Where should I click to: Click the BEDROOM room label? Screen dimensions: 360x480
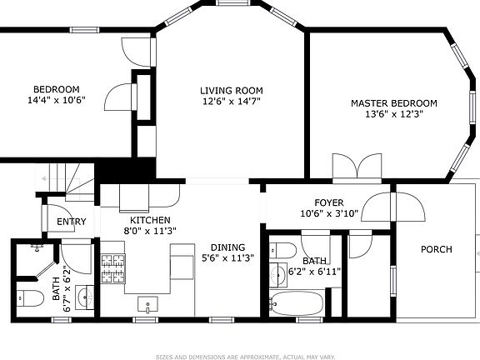(56, 90)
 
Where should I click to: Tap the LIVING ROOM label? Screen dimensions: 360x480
(231, 91)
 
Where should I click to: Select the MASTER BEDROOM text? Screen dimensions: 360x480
(382, 103)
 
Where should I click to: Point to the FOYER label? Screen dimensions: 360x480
(328, 203)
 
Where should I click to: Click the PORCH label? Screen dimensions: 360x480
(436, 249)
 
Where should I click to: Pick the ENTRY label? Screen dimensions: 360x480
(71, 222)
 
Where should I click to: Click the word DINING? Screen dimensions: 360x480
(227, 247)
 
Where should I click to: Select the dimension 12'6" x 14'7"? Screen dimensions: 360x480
(231, 102)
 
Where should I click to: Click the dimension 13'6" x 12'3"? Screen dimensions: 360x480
(382, 114)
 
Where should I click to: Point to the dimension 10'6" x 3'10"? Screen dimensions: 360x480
(328, 213)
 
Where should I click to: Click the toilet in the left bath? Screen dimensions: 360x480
(27, 298)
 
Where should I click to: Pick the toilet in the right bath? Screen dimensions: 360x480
(282, 249)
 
